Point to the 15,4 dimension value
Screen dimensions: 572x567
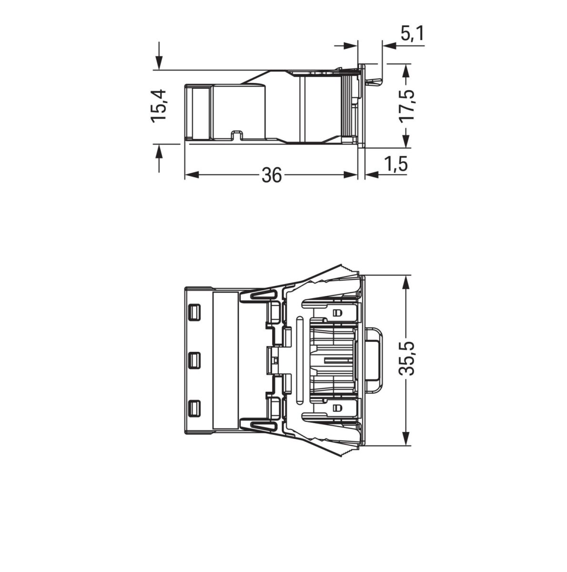pos(159,105)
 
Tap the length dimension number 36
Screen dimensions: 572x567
pos(272,175)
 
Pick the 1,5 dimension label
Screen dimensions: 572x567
pos(396,164)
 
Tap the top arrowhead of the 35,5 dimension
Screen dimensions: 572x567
pos(406,282)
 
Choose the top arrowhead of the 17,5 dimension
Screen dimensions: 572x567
pos(405,71)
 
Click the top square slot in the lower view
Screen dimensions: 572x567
pos(194,312)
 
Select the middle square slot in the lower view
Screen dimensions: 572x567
pos(194,360)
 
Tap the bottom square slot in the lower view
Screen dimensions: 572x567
pos(194,408)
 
